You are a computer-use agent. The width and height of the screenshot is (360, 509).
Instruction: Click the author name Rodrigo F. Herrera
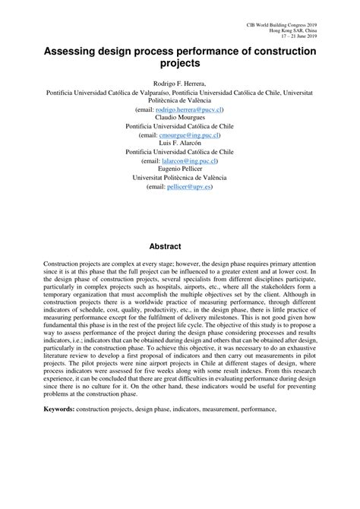point(180,83)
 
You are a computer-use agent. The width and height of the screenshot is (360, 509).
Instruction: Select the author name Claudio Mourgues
point(180,118)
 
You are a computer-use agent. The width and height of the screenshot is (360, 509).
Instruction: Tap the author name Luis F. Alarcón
point(180,144)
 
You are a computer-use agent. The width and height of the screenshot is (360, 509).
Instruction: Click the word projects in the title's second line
point(180,64)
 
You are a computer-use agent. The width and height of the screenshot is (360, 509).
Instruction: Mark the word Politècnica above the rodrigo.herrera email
point(169,100)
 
